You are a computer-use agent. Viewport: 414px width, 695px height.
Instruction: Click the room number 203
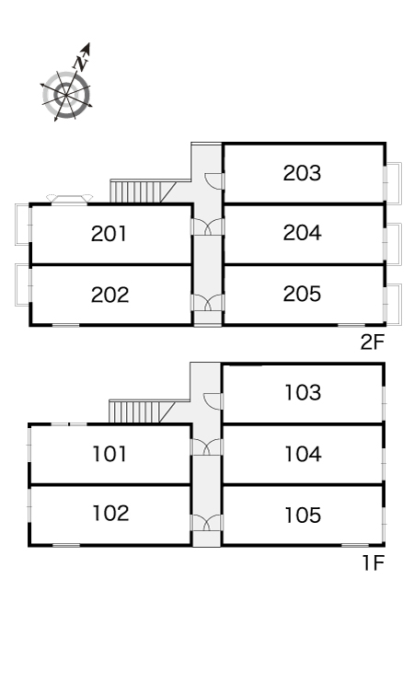[x=302, y=173]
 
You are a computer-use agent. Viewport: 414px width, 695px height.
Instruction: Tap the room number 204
[x=302, y=233]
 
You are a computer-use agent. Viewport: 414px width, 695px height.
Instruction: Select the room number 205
[x=302, y=294]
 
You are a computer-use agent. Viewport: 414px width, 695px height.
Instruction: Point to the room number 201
[x=109, y=234]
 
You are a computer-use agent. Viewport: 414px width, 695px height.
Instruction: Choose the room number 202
[x=109, y=295]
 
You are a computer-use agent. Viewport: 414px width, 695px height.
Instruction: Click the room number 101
[x=109, y=454]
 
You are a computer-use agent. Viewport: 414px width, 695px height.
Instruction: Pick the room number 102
[x=110, y=513]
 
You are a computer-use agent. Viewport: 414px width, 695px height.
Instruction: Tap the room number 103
[x=303, y=393]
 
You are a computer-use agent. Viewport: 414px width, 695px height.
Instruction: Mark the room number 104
[x=303, y=454]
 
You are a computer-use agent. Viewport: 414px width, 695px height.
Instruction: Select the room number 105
[x=303, y=515]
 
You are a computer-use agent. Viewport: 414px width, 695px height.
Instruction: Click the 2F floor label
[x=372, y=342]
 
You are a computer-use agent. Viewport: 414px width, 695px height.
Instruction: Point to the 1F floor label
[x=374, y=563]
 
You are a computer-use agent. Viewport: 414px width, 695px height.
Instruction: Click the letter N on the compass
[x=81, y=64]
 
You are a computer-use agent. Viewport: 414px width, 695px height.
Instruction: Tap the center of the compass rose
[x=66, y=95]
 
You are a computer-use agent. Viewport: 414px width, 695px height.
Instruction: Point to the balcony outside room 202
[x=23, y=284]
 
